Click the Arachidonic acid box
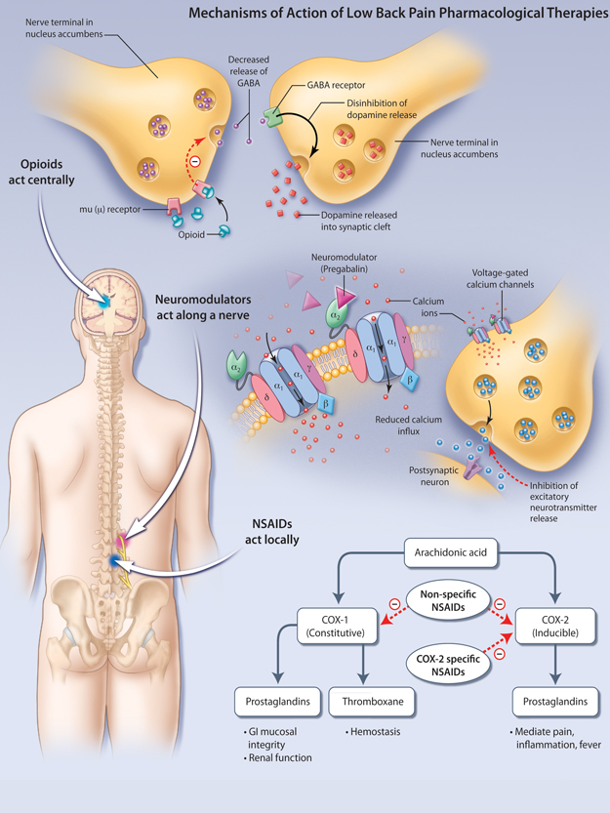tap(451, 555)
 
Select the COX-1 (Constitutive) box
tap(335, 625)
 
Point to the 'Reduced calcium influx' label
tap(410, 426)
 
